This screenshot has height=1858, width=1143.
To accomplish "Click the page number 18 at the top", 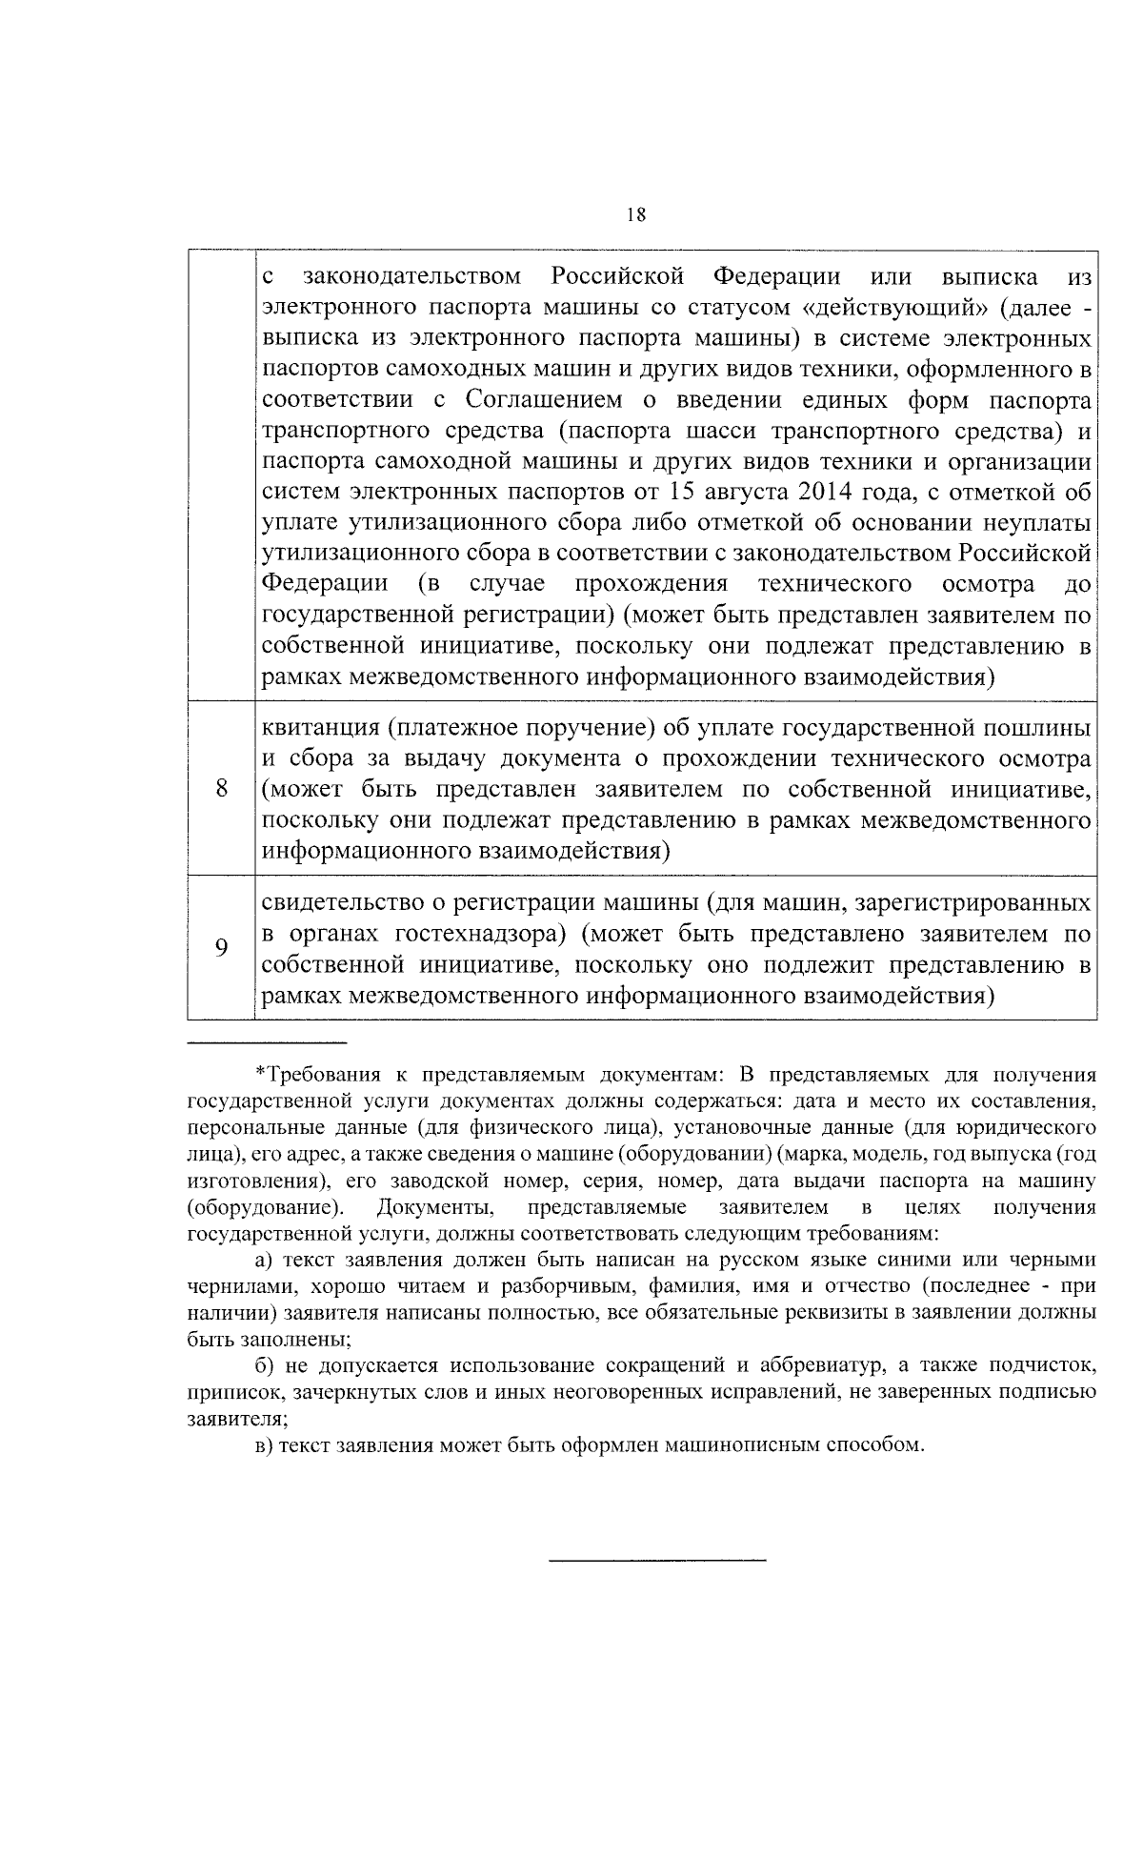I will point(636,215).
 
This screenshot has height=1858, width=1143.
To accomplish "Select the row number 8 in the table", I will point(221,788).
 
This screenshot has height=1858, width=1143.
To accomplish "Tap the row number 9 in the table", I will point(221,948).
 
